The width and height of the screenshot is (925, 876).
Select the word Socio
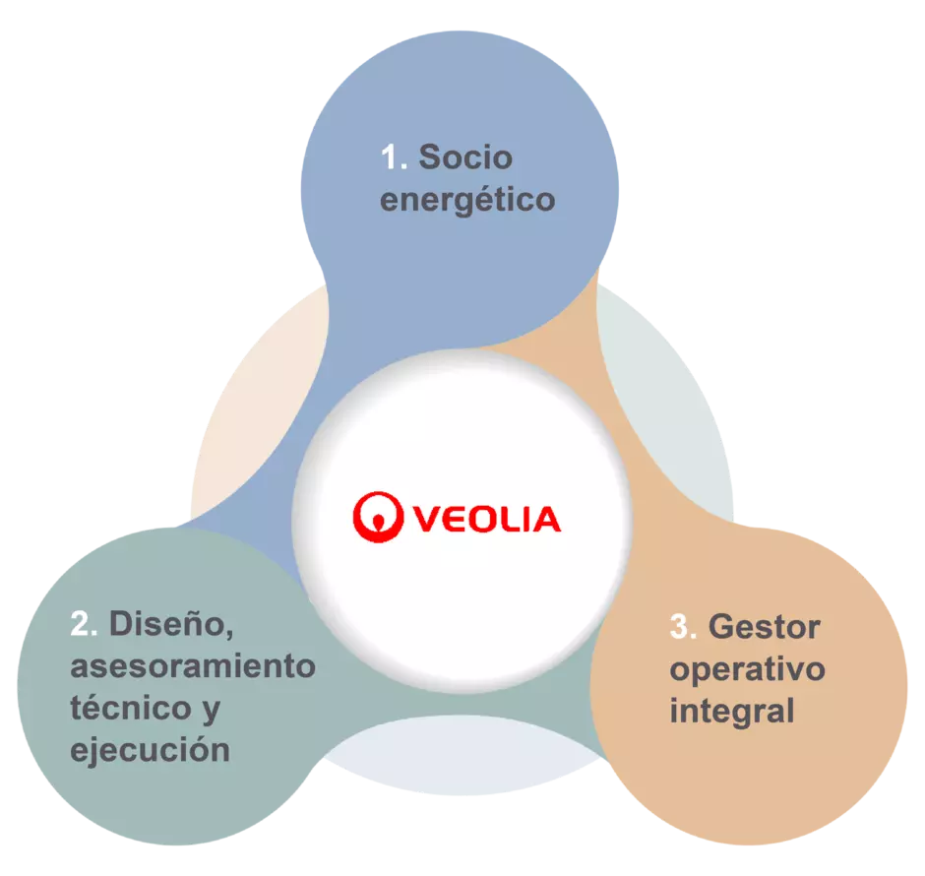coord(465,157)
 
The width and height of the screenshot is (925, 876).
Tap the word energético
coord(467,201)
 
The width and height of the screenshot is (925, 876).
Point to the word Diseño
coord(171,624)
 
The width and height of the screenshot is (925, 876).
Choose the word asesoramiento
coord(193,666)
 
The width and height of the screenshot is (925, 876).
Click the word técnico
coord(131,707)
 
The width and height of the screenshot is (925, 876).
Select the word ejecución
coord(150,750)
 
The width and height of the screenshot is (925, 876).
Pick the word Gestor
coord(764,626)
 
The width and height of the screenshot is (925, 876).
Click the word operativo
coord(748,670)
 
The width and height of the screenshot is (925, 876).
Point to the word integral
coord(732,712)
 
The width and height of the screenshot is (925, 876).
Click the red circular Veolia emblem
coord(378,517)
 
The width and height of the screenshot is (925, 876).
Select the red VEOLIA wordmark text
coord(487,519)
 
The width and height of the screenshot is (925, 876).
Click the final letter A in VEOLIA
coord(546,519)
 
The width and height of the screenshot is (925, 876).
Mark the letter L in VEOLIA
coord(511,519)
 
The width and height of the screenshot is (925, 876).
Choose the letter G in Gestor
coord(721,626)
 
